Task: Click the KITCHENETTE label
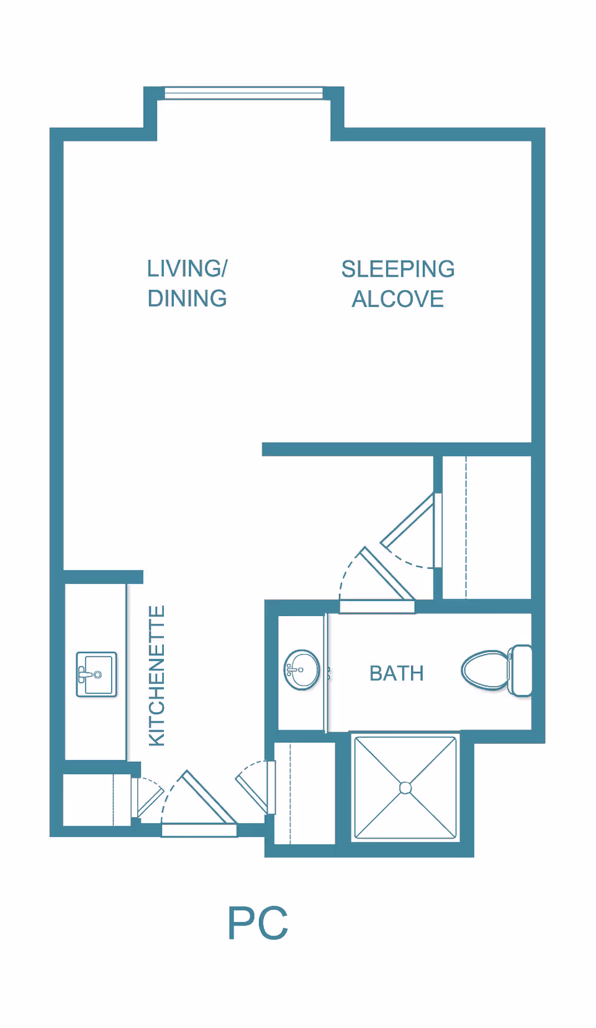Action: click(x=157, y=676)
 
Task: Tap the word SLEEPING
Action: click(x=398, y=269)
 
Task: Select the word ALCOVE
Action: click(x=397, y=299)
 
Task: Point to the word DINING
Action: click(x=187, y=299)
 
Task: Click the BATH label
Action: click(x=397, y=674)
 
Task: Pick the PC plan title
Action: click(x=258, y=923)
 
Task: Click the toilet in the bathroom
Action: click(x=497, y=671)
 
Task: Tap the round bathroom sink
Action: click(x=302, y=670)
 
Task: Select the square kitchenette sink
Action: click(x=96, y=674)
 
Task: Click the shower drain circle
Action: click(x=405, y=788)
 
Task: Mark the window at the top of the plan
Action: click(x=244, y=93)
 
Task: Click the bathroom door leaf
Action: click(x=387, y=574)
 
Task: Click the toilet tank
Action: click(x=521, y=671)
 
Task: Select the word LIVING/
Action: click(x=187, y=269)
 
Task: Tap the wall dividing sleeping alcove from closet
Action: click(x=397, y=449)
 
